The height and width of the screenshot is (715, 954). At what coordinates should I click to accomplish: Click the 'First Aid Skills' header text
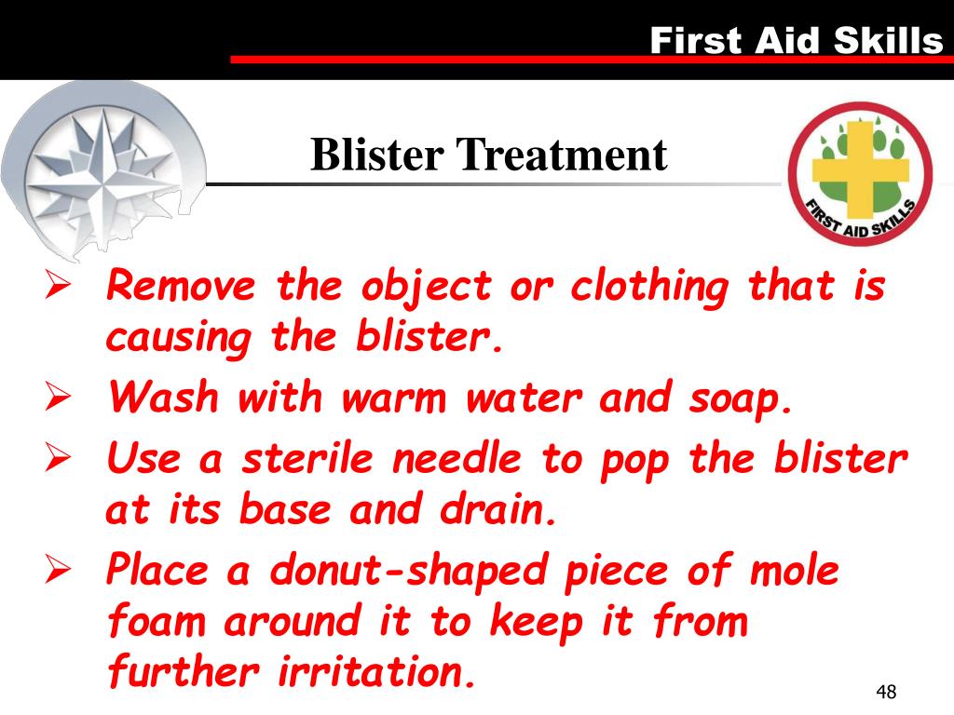[x=796, y=40]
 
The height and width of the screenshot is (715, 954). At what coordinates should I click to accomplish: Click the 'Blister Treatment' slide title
[x=488, y=155]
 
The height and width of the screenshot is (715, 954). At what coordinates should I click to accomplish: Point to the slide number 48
[x=886, y=692]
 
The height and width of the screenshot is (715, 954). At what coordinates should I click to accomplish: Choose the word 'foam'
[x=157, y=621]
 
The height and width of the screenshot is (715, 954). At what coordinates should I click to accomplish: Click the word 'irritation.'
[x=376, y=671]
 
